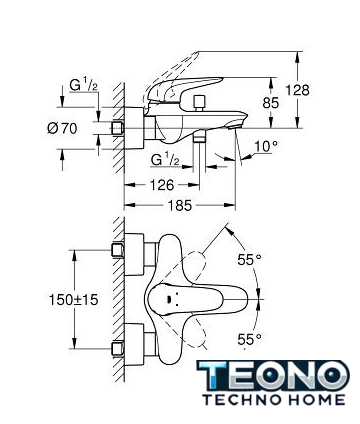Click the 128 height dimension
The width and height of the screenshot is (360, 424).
(x=297, y=90)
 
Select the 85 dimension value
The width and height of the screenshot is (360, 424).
(x=270, y=103)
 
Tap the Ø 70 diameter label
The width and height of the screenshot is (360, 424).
(x=62, y=128)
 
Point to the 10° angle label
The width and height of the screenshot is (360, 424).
(x=266, y=146)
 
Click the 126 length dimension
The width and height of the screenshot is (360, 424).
(x=161, y=185)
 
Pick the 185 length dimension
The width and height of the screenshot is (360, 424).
(x=179, y=206)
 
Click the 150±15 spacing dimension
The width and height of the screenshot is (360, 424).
(x=74, y=300)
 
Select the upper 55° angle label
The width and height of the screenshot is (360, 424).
(x=249, y=260)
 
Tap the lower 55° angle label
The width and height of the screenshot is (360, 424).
(x=249, y=339)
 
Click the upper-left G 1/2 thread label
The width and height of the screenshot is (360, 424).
(x=83, y=84)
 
